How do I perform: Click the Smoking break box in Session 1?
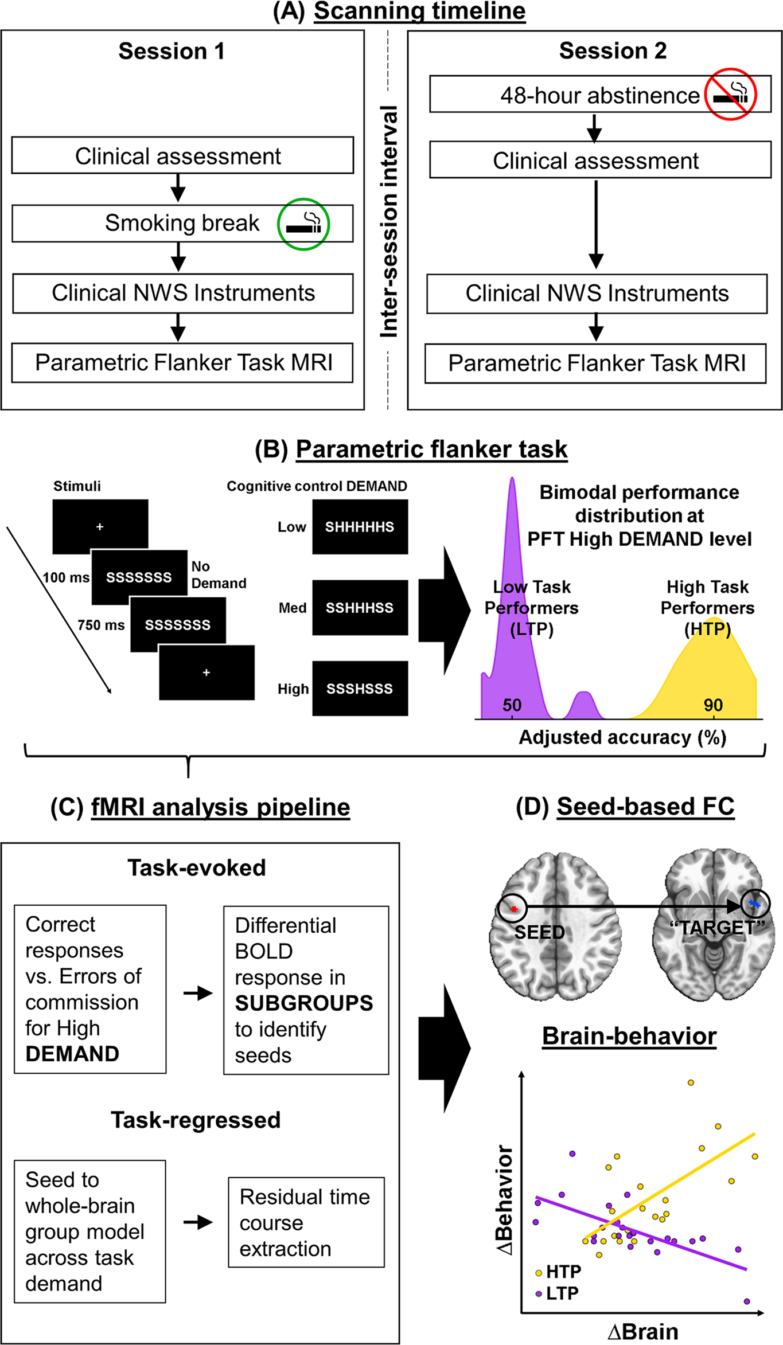click(x=182, y=223)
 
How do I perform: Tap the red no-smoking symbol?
click(x=730, y=94)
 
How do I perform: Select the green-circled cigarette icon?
click(x=303, y=224)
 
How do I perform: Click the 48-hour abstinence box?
click(x=600, y=95)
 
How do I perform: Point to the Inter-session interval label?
click(x=389, y=221)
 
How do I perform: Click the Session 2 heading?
click(x=613, y=51)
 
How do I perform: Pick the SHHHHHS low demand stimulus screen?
click(x=360, y=527)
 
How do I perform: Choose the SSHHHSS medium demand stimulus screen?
click(x=360, y=608)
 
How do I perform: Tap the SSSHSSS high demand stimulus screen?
click(x=360, y=689)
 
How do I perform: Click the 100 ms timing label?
click(x=66, y=577)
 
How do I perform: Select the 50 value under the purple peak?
click(x=512, y=705)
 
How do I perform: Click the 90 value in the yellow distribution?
click(x=713, y=705)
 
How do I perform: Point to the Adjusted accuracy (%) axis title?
click(x=622, y=737)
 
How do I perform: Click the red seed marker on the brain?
click(x=514, y=909)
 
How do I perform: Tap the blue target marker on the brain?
click(x=754, y=904)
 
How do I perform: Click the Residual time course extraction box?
click(x=306, y=1222)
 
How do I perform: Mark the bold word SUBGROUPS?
click(x=304, y=1003)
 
